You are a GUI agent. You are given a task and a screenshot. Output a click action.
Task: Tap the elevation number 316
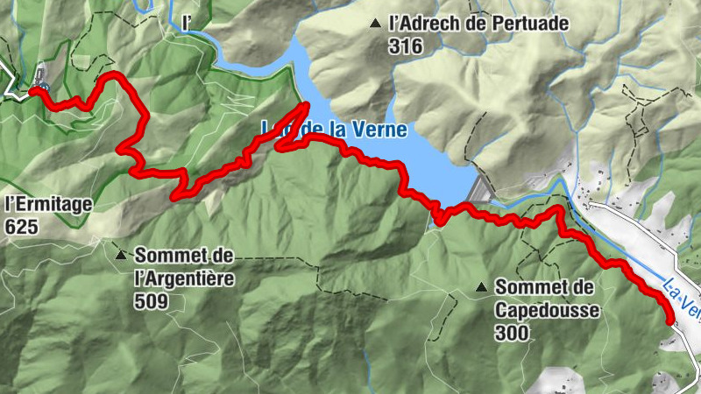coord(405,46)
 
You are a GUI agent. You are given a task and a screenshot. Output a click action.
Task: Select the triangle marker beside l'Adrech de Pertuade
coord(376,24)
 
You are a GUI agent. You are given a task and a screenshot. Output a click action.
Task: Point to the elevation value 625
coord(21,226)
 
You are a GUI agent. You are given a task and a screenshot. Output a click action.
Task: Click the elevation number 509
coord(152,302)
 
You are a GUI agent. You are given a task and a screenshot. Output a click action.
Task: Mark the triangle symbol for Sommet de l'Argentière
coord(120,256)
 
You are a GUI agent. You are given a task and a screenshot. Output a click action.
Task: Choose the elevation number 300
coord(511,333)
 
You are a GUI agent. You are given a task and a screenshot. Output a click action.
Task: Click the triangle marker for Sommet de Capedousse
coord(481,287)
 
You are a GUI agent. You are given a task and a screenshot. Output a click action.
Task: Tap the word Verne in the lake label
coord(380,130)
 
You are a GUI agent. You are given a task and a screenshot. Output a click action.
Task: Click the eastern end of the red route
coord(671,321)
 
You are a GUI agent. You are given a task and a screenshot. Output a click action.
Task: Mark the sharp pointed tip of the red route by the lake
coord(306,106)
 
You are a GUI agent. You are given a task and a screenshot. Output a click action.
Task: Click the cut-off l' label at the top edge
coord(185,19)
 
